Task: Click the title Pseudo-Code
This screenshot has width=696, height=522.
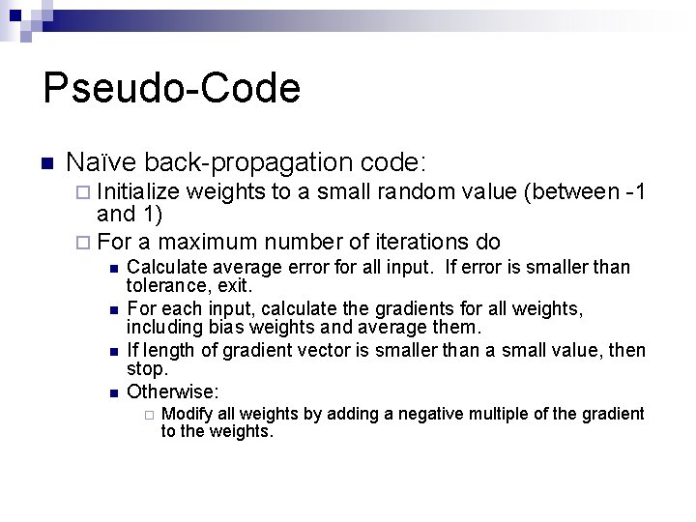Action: (171, 89)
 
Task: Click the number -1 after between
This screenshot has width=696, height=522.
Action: (635, 192)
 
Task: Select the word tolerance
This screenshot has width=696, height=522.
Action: (166, 285)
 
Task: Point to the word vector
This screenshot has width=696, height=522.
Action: (297, 349)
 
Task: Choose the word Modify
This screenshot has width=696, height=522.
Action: (187, 415)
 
